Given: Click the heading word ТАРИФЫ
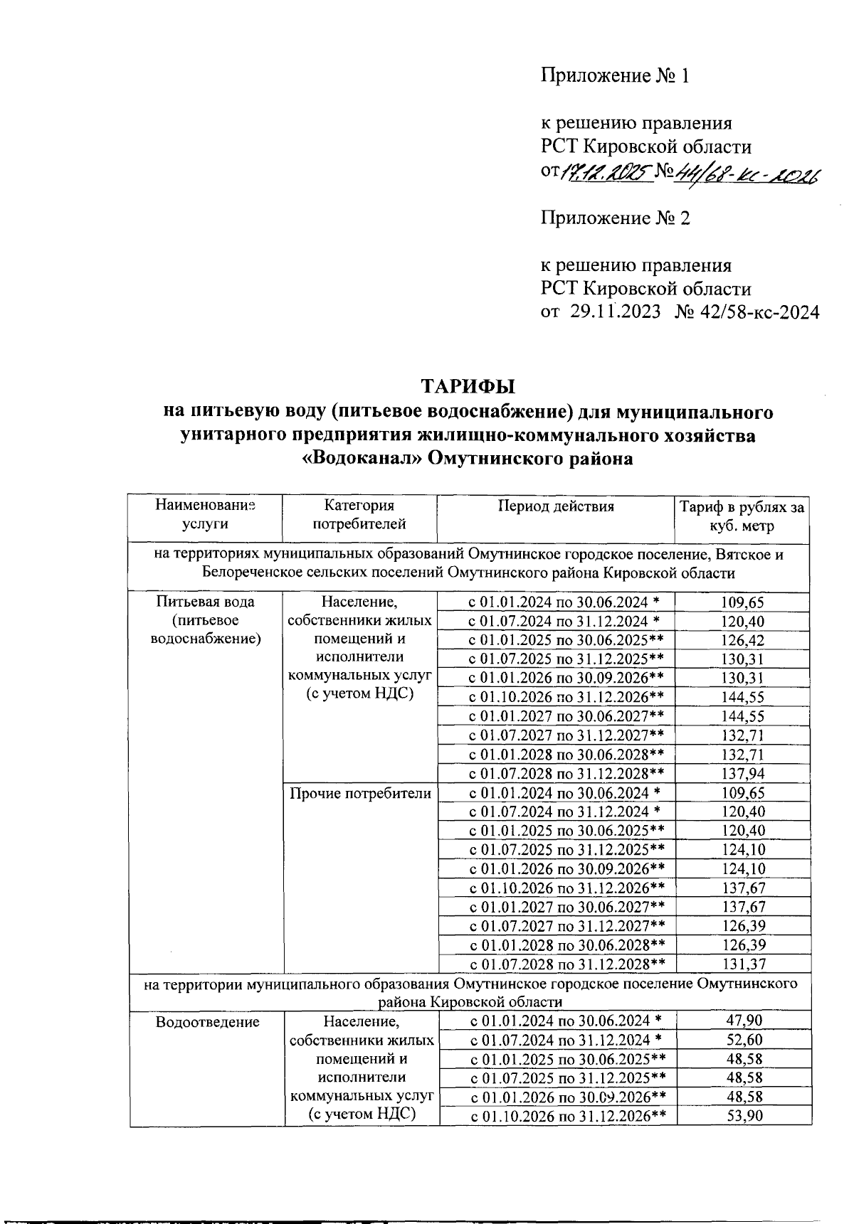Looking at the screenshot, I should click(468, 387).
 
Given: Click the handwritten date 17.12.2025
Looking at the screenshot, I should click(607, 171).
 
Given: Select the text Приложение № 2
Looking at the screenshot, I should click(616, 218).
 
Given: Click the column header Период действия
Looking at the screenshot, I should click(555, 506).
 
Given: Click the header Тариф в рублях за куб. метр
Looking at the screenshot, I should click(742, 516).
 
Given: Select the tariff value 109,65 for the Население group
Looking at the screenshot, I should click(742, 602).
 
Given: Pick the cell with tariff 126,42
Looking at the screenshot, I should click(742, 640).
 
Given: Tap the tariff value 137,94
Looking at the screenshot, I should click(742, 774).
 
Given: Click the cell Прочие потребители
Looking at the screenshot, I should click(361, 793).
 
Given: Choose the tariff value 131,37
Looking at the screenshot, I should click(742, 964).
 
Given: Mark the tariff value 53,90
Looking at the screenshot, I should click(744, 1116).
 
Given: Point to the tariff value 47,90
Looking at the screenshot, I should click(744, 1021).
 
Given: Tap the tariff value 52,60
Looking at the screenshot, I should click(744, 1040).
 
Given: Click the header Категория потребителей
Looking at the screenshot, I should click(359, 515).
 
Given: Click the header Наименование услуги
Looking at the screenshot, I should click(205, 515).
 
